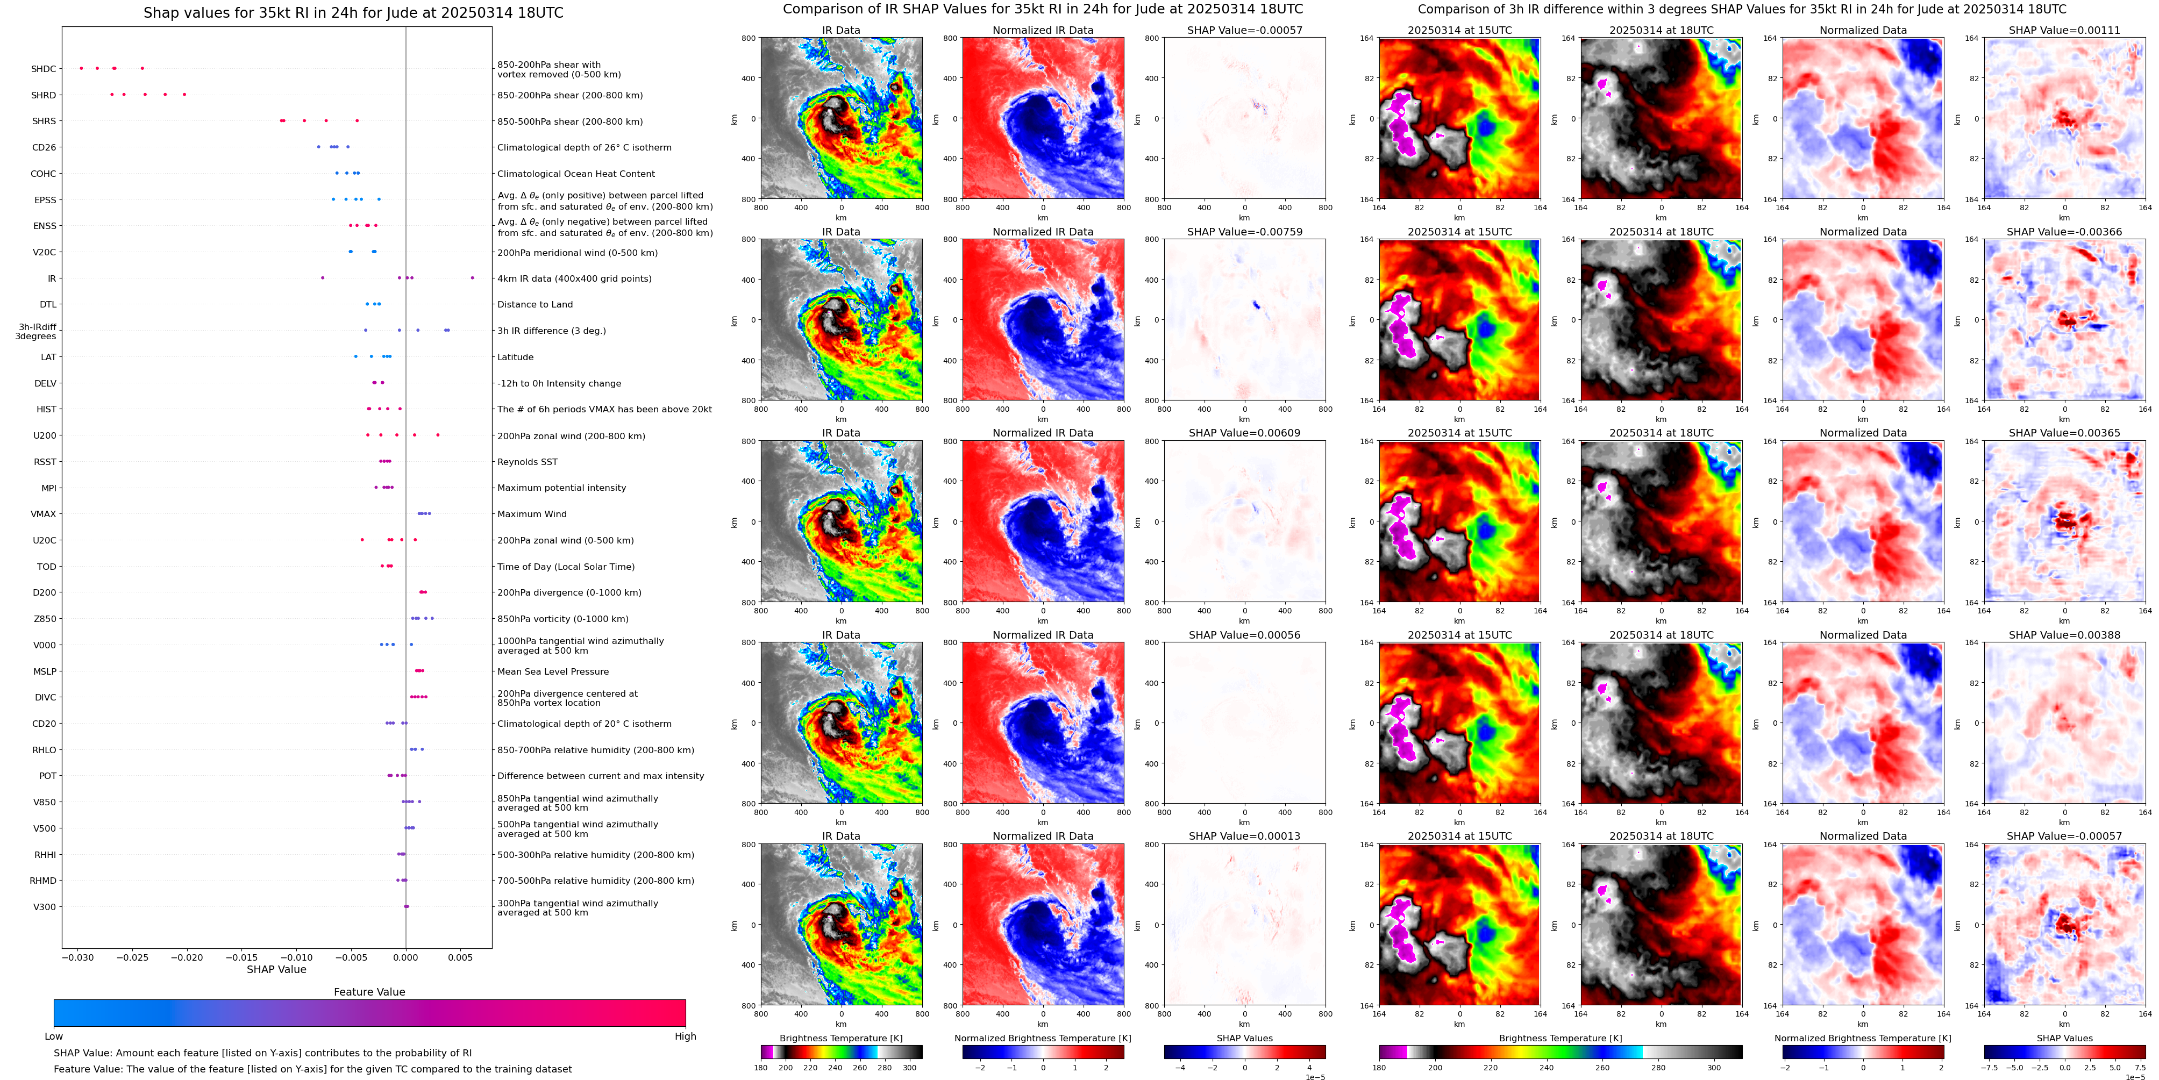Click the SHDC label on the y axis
(44, 69)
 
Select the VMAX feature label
(44, 513)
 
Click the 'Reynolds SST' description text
(527, 462)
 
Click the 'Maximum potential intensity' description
(561, 488)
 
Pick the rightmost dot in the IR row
(473, 277)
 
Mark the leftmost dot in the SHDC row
(81, 68)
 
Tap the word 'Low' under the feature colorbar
(54, 1036)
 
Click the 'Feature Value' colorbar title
(369, 992)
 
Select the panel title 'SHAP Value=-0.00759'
(1245, 232)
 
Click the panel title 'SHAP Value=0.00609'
(1245, 433)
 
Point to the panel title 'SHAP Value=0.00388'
(2064, 635)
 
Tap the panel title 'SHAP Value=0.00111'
(2064, 30)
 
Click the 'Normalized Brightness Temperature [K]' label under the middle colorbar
(1043, 1038)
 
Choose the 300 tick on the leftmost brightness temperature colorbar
(909, 1068)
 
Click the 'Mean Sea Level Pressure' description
(553, 671)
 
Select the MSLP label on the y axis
(45, 671)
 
